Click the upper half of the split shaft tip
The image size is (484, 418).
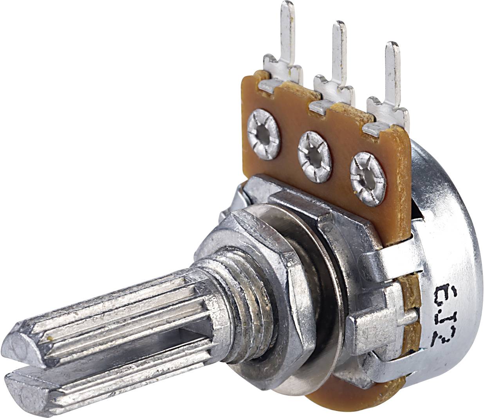click(x=27, y=337)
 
